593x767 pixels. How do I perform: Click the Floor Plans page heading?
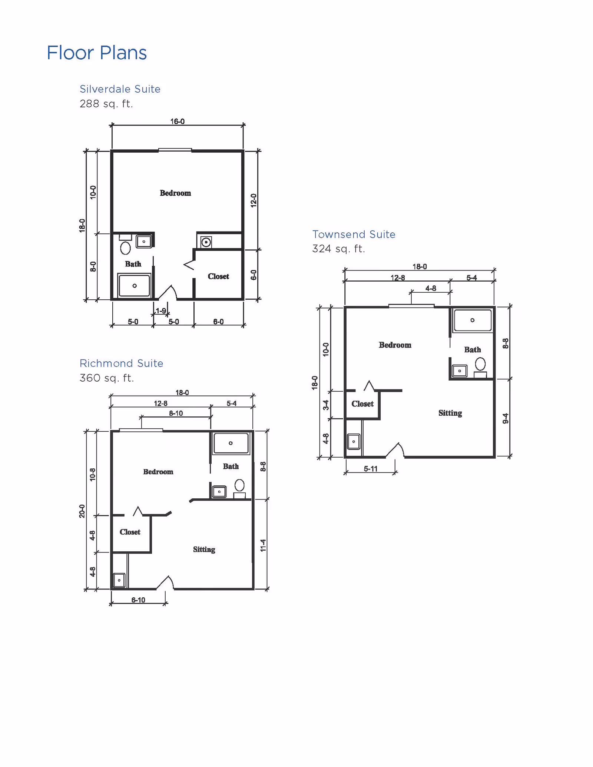point(97,53)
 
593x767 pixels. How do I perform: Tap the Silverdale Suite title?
point(120,89)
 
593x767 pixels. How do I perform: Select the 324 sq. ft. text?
point(338,249)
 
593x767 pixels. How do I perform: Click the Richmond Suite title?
point(121,363)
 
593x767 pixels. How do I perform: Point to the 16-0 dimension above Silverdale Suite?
point(177,121)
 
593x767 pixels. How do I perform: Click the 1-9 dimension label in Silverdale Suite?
point(161,311)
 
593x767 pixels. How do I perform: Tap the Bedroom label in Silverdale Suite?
point(175,193)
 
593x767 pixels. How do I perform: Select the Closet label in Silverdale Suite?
point(218,276)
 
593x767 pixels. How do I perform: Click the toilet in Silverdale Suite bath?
point(125,248)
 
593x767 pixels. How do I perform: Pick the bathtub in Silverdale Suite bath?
point(134,285)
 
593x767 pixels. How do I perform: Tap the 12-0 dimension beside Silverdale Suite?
point(254,200)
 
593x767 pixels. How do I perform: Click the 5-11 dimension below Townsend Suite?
point(370,469)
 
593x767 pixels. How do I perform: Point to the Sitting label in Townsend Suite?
point(450,413)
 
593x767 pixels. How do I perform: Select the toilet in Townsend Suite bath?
point(480,364)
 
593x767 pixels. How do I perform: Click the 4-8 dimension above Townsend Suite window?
point(430,288)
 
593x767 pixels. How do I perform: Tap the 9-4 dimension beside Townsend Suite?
point(506,418)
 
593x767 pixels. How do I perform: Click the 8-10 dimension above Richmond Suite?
point(176,413)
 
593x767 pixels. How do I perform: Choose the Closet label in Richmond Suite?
point(130,532)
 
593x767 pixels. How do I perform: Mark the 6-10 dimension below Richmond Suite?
point(138,600)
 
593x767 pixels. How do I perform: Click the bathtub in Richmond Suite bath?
point(231,443)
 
